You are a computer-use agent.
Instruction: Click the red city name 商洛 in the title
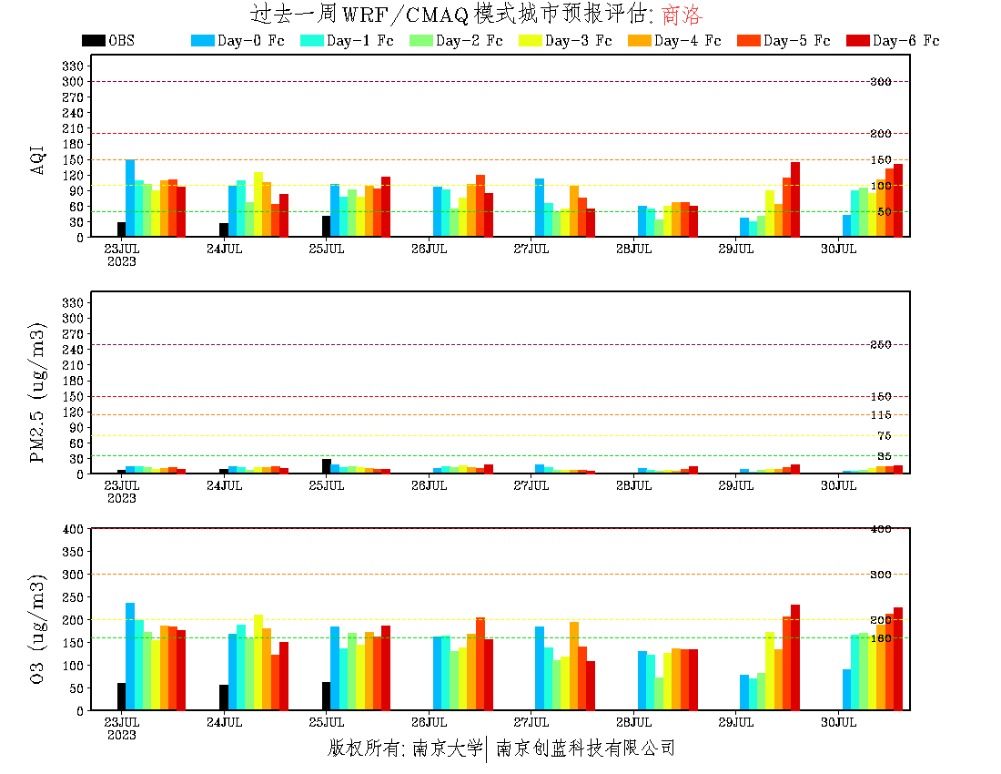tap(682, 15)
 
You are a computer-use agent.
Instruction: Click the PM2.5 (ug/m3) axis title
tap(38, 392)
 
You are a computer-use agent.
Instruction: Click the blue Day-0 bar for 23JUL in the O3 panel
tap(130, 657)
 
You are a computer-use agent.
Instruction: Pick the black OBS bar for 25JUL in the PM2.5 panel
tap(326, 466)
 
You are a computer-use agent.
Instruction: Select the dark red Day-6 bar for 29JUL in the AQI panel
tap(795, 199)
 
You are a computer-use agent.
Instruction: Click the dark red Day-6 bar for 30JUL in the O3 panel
tap(898, 658)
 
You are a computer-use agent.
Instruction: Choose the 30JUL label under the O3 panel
tap(839, 723)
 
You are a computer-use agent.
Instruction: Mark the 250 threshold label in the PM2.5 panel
tap(881, 345)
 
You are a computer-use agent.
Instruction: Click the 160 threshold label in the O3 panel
tap(881, 638)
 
